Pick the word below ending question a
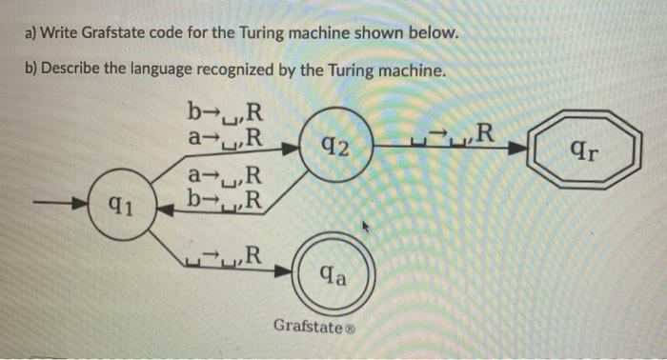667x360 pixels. click(436, 36)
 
